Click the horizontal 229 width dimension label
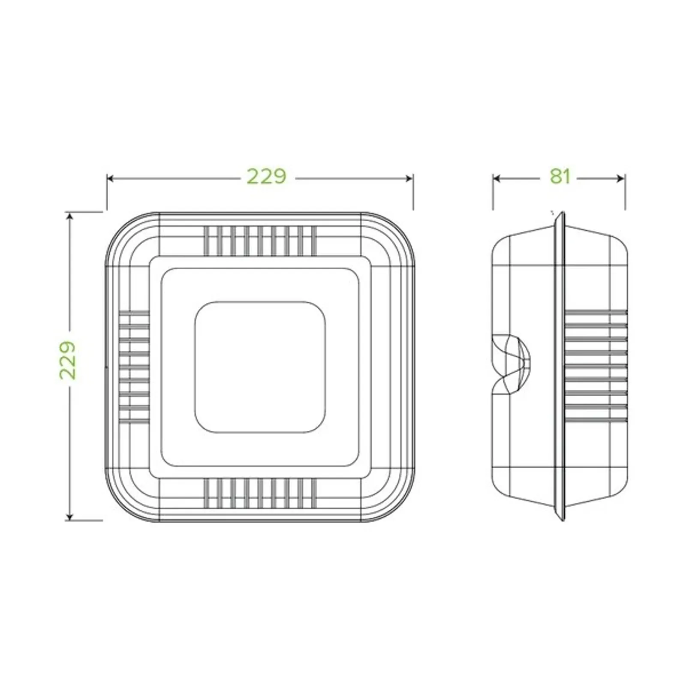pos(266,176)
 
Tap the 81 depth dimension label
pos(560,176)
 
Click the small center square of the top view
pos(260,367)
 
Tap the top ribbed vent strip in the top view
pos(260,241)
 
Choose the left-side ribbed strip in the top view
pos(134,367)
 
